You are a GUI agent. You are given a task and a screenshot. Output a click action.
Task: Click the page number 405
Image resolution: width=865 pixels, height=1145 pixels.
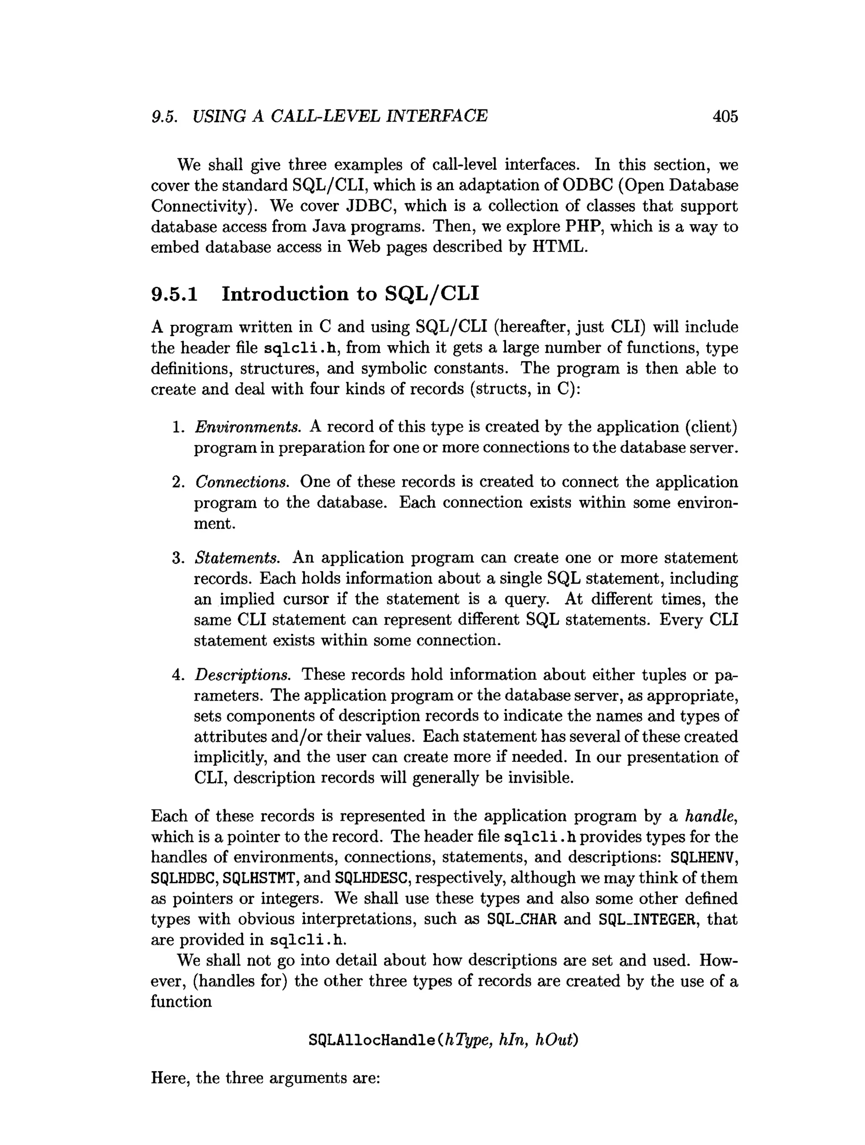[725, 116]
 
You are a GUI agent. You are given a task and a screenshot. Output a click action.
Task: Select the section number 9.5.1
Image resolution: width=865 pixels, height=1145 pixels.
[174, 294]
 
